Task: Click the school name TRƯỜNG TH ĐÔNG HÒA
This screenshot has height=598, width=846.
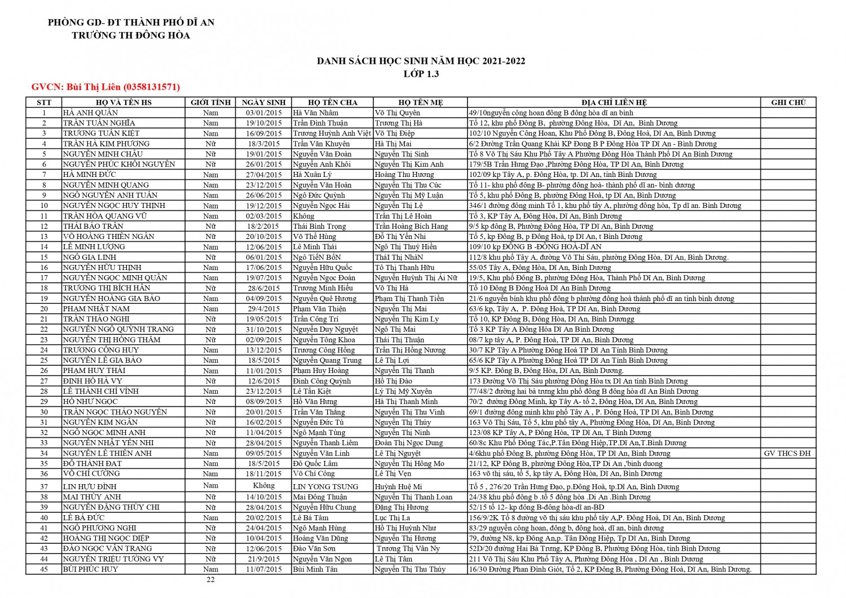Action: coord(131,36)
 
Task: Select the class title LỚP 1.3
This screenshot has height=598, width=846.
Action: coord(421,74)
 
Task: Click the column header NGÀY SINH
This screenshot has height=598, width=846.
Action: coord(263,103)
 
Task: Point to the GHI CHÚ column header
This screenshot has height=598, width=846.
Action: coord(788,103)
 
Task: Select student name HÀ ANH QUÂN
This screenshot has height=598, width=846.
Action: coord(90,113)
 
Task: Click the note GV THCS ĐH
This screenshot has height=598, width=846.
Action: coord(787,453)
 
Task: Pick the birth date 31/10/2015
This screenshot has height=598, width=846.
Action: coord(263,329)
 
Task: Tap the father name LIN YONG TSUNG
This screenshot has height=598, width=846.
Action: coord(325,486)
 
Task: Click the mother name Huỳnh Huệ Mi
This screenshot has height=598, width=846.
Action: coord(398,486)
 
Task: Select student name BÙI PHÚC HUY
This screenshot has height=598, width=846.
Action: coord(90,569)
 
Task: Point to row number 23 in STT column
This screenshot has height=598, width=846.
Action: coord(44,340)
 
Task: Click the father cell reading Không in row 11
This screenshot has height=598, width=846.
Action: coord(303,216)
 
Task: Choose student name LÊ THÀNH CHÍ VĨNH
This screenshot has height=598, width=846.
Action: coord(100,391)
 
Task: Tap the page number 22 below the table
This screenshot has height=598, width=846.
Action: coord(210,580)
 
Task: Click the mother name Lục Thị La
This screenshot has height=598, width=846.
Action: coord(393,517)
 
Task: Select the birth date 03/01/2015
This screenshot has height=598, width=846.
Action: coord(263,113)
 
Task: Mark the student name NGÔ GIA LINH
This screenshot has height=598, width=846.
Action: coord(89,257)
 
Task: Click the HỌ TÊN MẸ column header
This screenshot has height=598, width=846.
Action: coord(420,103)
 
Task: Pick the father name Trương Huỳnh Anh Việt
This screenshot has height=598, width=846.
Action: coord(332,134)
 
